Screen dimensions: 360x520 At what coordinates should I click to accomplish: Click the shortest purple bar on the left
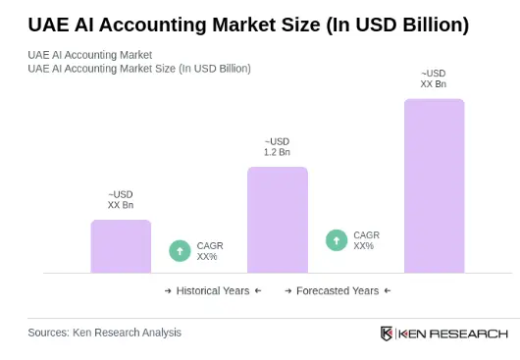[121, 246]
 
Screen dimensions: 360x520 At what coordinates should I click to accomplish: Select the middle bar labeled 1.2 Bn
[277, 220]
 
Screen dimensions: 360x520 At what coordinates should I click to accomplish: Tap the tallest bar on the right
[434, 185]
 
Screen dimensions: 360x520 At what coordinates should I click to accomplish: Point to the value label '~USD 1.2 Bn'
[277, 147]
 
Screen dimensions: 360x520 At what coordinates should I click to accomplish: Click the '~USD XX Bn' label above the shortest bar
[121, 200]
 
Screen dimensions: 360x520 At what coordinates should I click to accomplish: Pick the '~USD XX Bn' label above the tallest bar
[433, 78]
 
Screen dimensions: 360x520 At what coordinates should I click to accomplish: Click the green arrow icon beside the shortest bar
[180, 251]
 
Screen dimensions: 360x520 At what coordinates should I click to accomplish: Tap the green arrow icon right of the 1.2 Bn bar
[336, 240]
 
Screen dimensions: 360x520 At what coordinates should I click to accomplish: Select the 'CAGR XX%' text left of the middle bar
[210, 251]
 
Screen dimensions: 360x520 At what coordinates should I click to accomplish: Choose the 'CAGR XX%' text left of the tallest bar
[366, 240]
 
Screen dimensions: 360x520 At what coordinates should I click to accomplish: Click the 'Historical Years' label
[213, 291]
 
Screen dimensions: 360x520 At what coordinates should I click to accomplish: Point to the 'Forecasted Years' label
[338, 291]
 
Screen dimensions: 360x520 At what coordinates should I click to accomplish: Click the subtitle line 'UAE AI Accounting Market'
[89, 55]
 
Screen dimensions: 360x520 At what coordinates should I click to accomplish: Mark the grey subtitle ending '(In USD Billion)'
[138, 69]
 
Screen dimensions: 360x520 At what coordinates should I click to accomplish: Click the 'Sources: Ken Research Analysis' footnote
[104, 333]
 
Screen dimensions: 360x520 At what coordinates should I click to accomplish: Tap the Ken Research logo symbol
[387, 334]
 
